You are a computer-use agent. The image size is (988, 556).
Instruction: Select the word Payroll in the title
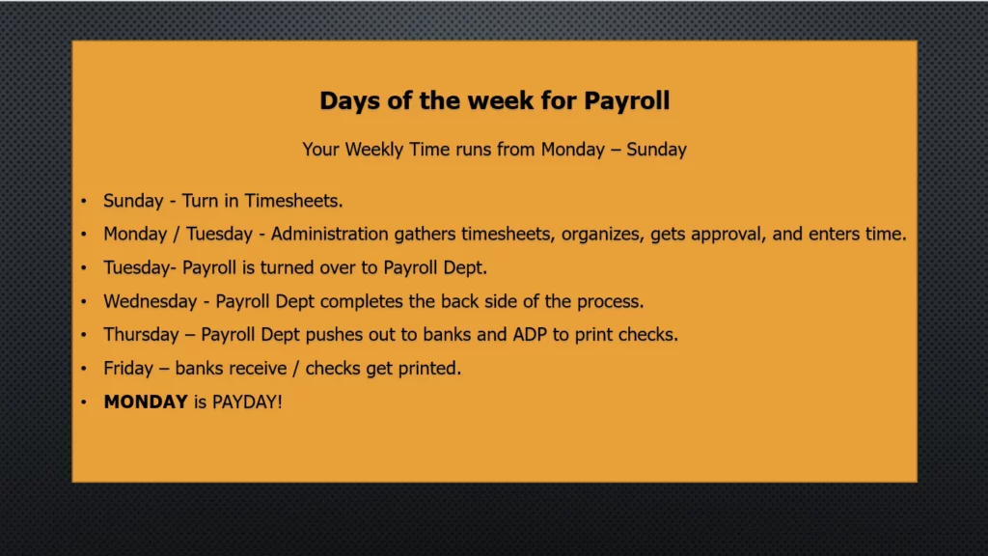click(x=627, y=100)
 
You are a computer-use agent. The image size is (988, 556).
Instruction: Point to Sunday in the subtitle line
click(x=656, y=150)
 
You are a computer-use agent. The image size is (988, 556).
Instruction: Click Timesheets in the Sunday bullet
click(x=293, y=201)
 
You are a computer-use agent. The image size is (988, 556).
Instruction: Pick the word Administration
click(x=330, y=234)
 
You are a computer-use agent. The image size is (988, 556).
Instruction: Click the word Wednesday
click(x=150, y=301)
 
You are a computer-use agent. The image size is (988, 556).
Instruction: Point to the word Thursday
click(x=141, y=335)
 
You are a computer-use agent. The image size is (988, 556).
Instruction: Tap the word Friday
click(x=128, y=368)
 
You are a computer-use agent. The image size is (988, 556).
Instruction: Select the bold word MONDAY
click(x=146, y=403)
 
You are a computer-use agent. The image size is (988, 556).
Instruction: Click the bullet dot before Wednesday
click(x=83, y=301)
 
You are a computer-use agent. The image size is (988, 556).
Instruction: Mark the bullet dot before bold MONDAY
click(x=83, y=403)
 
